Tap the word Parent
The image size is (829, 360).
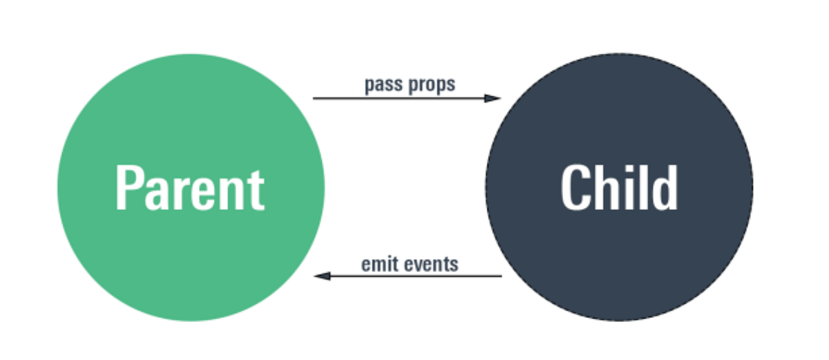click(190, 188)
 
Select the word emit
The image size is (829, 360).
click(377, 264)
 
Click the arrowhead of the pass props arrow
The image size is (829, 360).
click(493, 98)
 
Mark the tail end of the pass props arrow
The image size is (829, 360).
click(314, 98)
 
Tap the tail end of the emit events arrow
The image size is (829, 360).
click(500, 276)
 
